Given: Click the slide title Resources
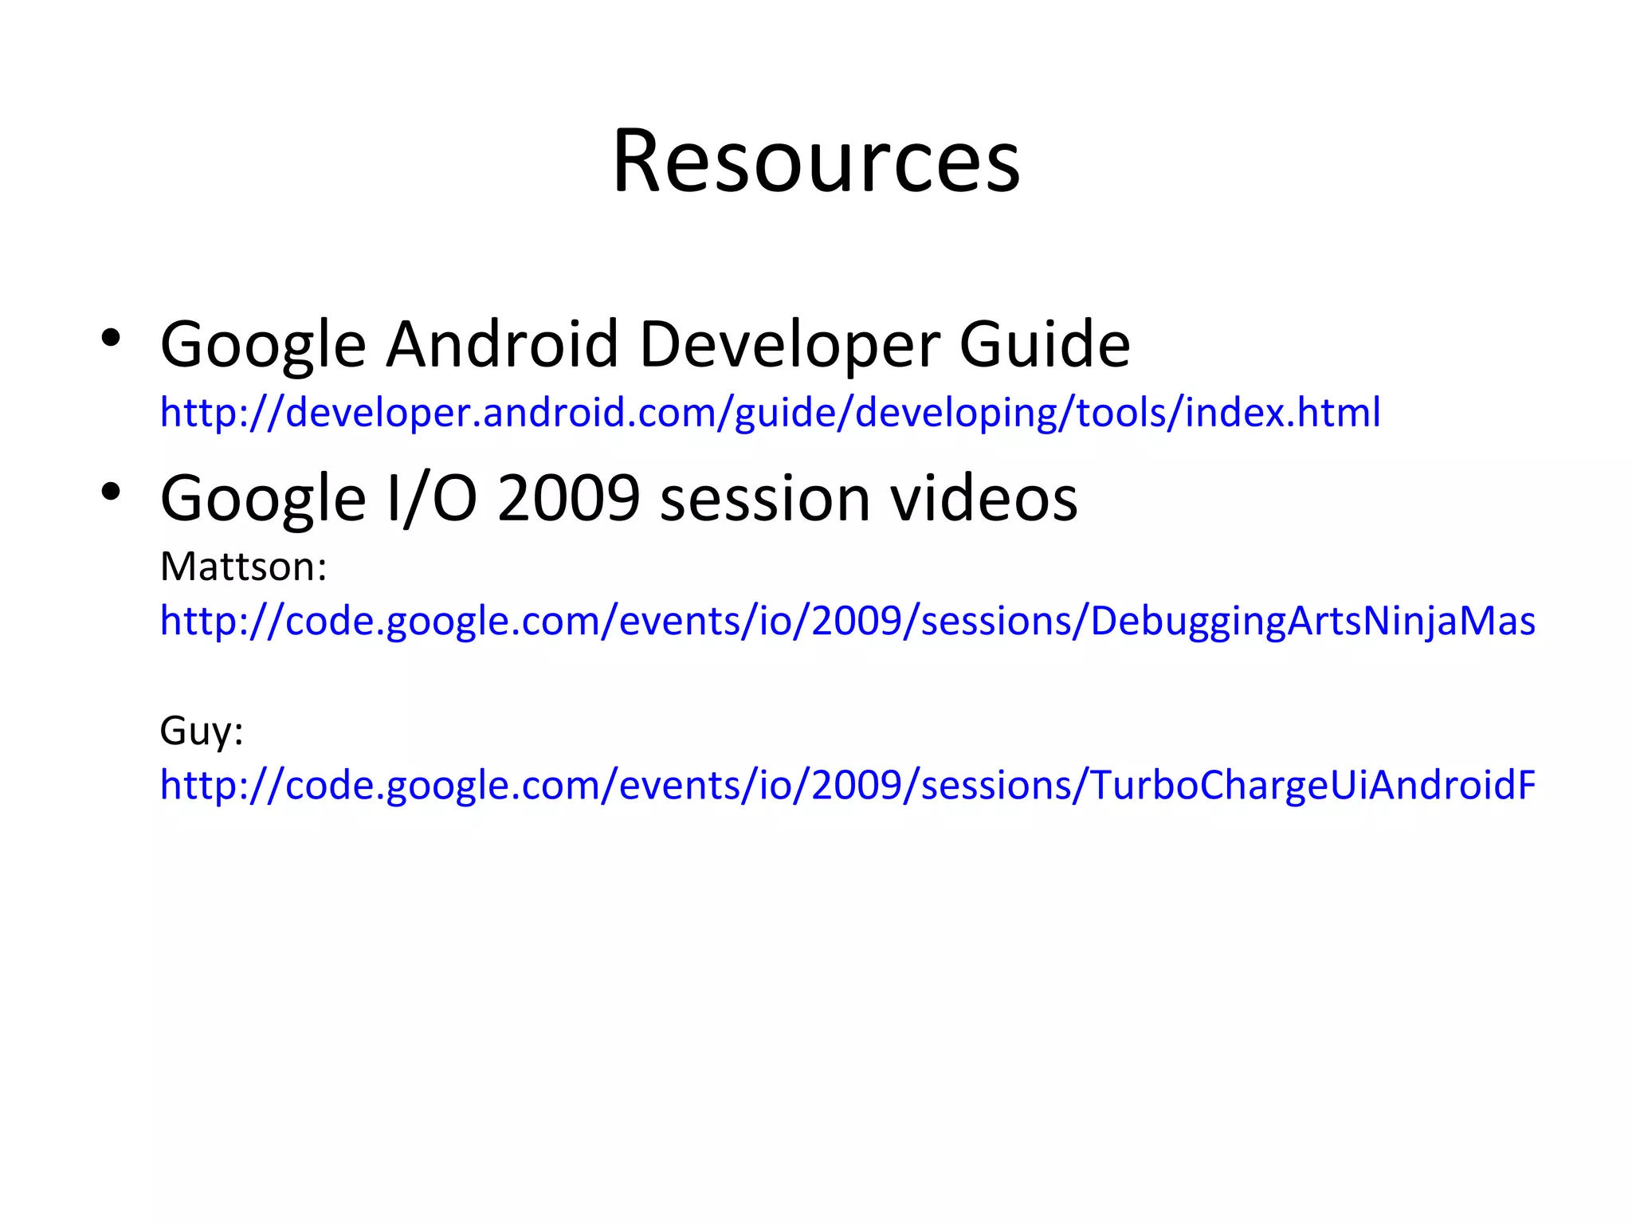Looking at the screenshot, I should click(816, 162).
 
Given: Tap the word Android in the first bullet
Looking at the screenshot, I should click(502, 344).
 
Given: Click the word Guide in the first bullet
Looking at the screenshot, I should click(1044, 344).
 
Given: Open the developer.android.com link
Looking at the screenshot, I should click(770, 413).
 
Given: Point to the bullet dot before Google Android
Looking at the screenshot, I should click(111, 338).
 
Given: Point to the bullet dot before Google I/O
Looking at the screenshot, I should click(111, 492).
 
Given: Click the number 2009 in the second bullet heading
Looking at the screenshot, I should click(569, 498).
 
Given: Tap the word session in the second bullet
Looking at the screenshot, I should click(765, 498).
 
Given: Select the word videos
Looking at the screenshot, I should click(983, 498).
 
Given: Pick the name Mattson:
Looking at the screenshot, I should click(243, 567).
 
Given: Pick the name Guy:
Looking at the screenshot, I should click(201, 730).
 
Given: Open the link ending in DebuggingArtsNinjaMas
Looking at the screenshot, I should click(847, 622).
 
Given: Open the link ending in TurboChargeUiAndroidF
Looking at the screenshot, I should click(847, 786).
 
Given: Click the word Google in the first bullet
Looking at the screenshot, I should click(263, 344).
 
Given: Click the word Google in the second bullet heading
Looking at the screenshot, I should click(263, 498).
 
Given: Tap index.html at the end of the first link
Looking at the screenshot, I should click(1283, 413).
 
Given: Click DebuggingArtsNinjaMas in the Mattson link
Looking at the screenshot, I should click(1312, 622).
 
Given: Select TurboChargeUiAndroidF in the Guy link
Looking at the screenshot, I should click(1312, 786).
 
